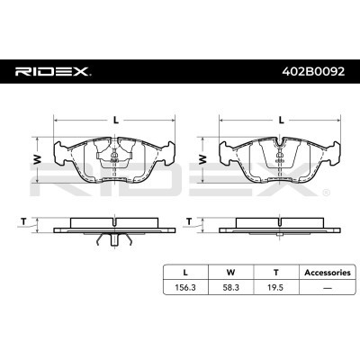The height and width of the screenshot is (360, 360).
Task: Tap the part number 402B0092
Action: point(314,71)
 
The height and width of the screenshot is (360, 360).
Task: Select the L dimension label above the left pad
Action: point(116,121)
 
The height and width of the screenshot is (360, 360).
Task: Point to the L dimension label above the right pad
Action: point(281,121)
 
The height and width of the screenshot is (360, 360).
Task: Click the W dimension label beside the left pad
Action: point(37,159)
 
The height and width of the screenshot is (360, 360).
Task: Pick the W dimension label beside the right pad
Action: point(203,159)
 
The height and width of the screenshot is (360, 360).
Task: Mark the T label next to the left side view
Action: point(23,222)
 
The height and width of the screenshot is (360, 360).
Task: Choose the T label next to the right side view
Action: point(189,222)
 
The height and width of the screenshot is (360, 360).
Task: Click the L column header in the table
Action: point(185,273)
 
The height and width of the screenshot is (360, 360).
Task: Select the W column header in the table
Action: point(230,273)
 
